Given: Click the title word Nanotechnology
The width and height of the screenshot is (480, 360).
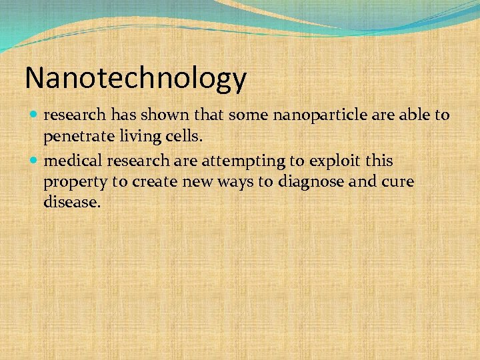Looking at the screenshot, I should tap(135, 79).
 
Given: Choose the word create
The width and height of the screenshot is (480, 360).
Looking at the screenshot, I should tap(156, 182).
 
